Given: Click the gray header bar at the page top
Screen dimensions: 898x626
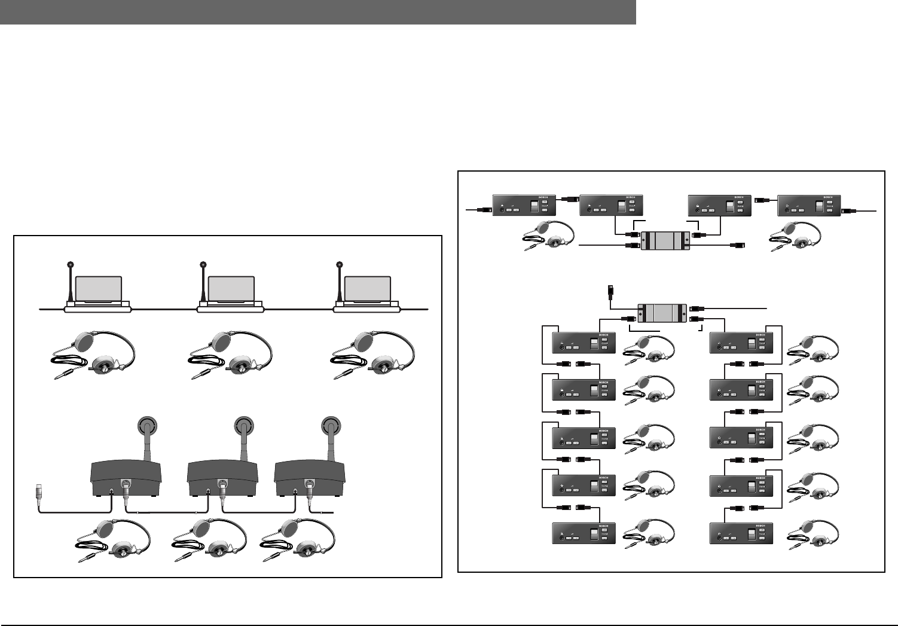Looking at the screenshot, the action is (x=317, y=12).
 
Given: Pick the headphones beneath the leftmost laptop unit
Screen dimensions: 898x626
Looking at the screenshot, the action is (x=93, y=356).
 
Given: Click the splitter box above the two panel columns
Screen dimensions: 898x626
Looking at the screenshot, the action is (x=662, y=313).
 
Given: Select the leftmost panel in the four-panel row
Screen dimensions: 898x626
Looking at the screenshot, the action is (x=524, y=206).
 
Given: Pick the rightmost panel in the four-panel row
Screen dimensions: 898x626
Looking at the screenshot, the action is (x=809, y=206).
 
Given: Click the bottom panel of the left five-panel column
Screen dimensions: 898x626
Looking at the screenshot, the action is (x=583, y=533).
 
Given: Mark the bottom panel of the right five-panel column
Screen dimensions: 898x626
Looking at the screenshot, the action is (x=741, y=533).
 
